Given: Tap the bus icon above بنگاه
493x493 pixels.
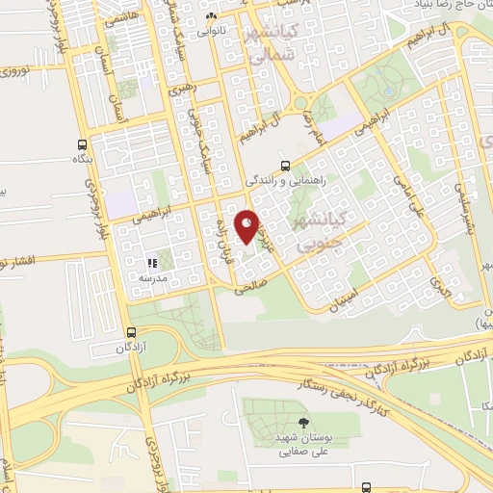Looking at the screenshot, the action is pos(82,144).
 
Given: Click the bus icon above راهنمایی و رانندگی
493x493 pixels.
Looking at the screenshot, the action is pos(285,164).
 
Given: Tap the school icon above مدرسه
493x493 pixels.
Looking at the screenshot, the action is pos(151,261).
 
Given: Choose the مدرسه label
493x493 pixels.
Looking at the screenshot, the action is pos(153,277).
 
